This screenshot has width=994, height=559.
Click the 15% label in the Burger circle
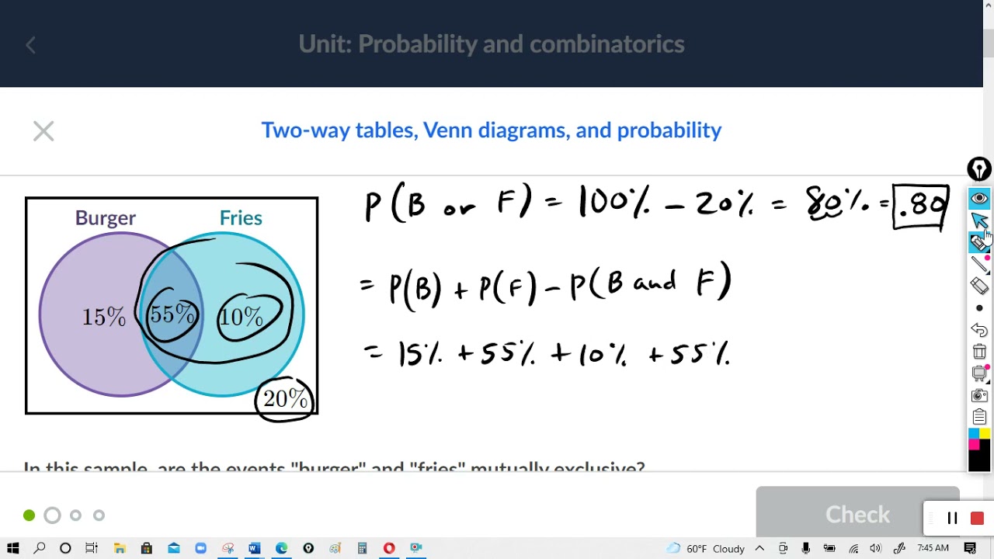coord(104,317)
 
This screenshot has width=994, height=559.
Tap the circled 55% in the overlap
coord(172,314)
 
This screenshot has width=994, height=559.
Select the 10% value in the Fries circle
coord(242,317)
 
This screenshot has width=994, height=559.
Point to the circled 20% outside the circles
coord(285,399)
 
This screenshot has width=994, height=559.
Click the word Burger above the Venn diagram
coord(105,218)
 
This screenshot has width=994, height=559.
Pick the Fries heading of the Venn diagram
coord(241,218)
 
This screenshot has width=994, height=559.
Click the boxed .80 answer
coord(920,207)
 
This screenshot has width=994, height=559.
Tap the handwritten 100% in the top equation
coord(613,203)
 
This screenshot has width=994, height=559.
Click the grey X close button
coord(43,131)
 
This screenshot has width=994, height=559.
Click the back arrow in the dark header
coord(31,45)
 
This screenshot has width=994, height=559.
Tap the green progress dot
coord(30,516)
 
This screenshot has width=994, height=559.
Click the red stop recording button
coord(977,519)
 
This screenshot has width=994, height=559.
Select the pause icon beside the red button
coord(952,519)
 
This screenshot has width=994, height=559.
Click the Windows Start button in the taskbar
coord(12,549)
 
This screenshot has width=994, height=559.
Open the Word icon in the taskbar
coord(254,549)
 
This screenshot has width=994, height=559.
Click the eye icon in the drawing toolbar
coord(979,199)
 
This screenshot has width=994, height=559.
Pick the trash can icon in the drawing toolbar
coord(979,352)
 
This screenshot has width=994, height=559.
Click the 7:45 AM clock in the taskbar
coord(933,549)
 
